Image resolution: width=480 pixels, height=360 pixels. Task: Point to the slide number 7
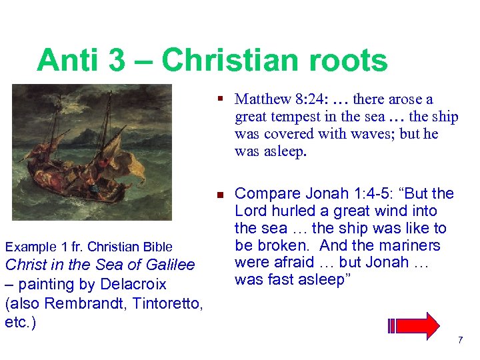[x=460, y=341]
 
